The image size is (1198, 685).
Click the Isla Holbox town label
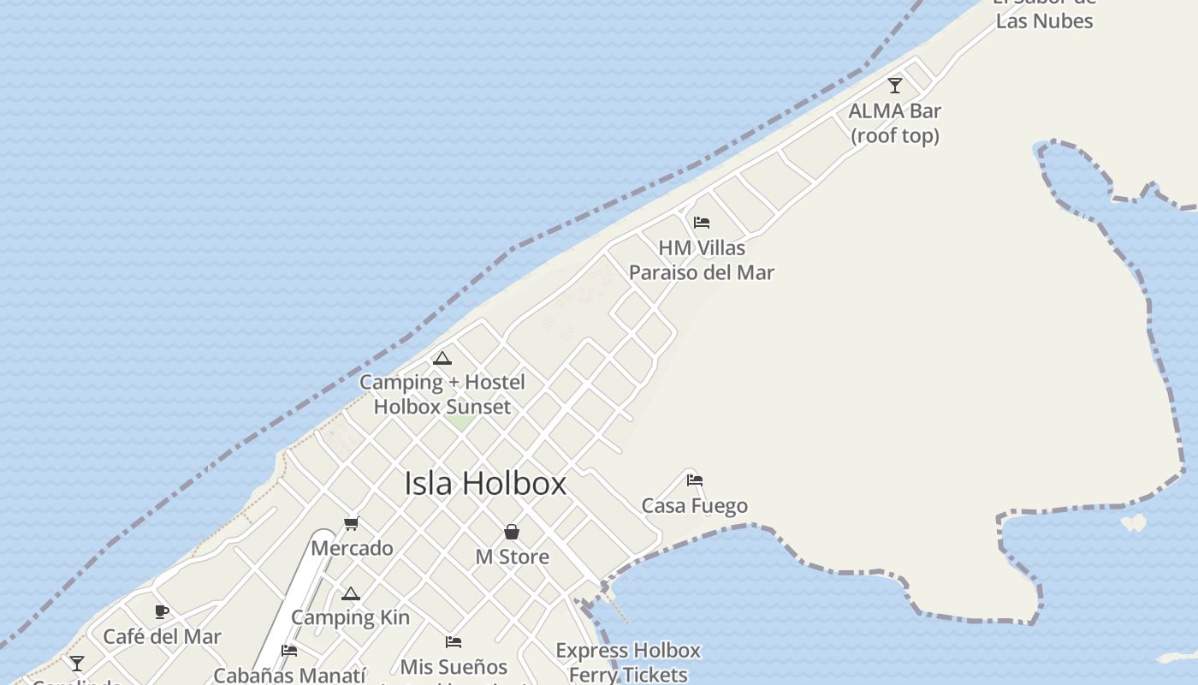485,484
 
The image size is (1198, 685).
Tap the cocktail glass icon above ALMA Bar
895,86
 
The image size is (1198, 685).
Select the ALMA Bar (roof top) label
894,123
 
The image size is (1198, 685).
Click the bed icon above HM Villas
702,223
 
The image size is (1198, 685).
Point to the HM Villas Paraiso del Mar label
702,260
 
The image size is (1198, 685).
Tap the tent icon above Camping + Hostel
442,358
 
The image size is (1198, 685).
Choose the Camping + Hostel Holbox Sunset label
442,395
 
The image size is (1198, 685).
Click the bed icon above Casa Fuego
695,480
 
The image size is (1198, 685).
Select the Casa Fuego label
695,506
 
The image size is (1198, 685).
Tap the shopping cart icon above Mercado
352,523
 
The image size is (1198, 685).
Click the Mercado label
352,548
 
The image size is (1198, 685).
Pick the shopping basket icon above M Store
512,532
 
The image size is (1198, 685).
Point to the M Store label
512,557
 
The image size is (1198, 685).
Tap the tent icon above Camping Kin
350,593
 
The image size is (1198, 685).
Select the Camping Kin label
350,617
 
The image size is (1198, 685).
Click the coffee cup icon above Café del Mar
162,611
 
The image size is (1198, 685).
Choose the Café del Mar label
162,637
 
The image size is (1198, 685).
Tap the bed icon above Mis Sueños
454,642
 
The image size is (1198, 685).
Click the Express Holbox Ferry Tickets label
628,663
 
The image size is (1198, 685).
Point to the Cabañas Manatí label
289,675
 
